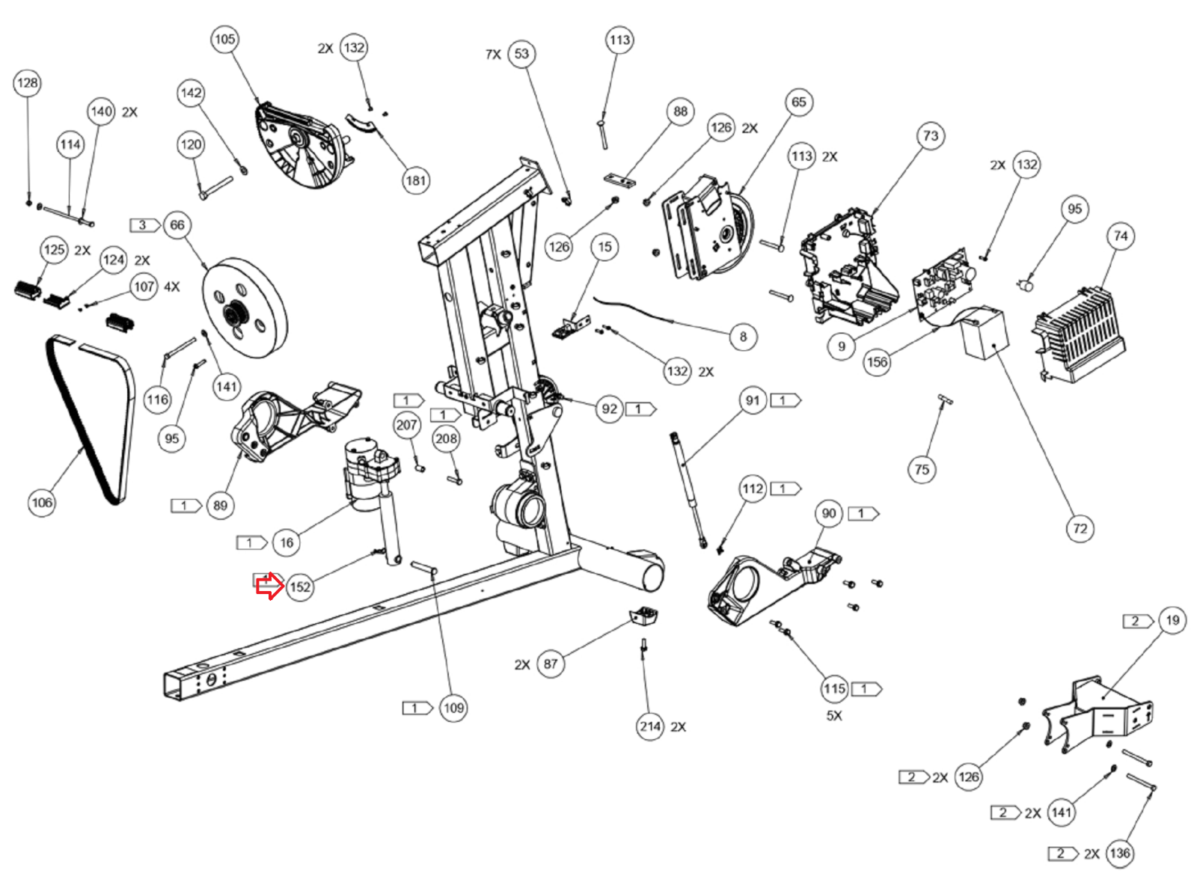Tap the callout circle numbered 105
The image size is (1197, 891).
coord(224,39)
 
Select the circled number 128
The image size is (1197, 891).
coord(27,83)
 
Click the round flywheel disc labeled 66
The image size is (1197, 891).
coord(245,308)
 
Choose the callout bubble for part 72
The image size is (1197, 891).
coord(1080,529)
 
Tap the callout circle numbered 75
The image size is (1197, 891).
coord(922,470)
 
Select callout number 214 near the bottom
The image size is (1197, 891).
coord(649,726)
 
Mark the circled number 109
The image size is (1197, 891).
coord(453,708)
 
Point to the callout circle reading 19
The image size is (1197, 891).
coord(1172,620)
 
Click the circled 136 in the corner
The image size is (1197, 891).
coord(1119,854)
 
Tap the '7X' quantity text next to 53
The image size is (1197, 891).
coord(493,55)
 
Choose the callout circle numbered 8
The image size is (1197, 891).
coord(743,337)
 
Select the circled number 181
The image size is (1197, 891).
coord(415,180)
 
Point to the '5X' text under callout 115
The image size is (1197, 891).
coord(834,716)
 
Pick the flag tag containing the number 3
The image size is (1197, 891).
coord(144,225)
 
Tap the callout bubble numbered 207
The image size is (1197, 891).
coord(406,426)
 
